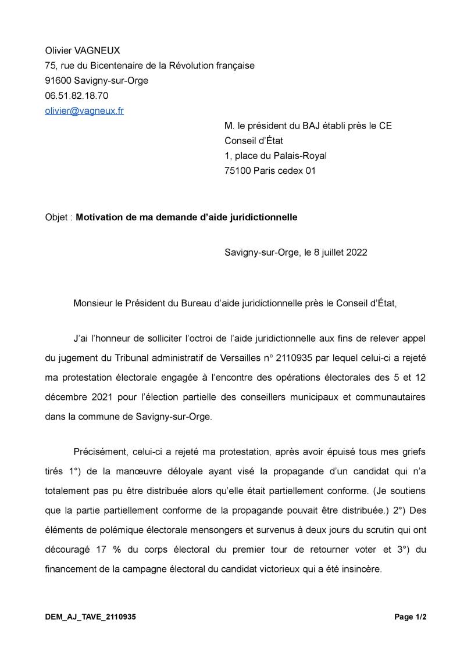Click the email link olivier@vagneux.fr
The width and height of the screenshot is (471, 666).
(84, 110)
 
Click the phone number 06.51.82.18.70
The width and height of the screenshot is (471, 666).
(77, 95)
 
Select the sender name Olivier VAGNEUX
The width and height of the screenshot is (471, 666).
(83, 51)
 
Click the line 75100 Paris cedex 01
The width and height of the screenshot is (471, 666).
(270, 171)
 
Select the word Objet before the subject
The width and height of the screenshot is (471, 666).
(57, 217)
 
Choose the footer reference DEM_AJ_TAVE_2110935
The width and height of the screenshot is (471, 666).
(91, 617)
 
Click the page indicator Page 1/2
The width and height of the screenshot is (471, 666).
(410, 617)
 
